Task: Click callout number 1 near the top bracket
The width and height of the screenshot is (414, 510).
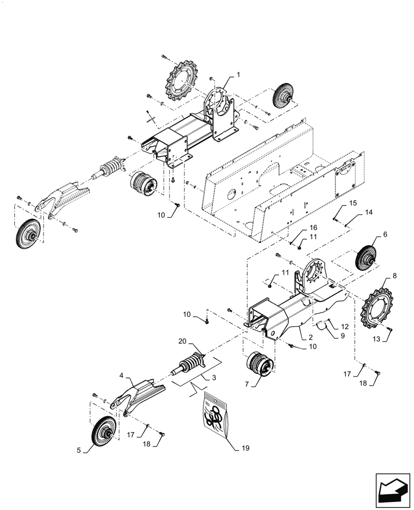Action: click(238, 74)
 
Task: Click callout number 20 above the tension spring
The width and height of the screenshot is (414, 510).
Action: click(182, 341)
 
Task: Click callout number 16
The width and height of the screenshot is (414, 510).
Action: click(313, 227)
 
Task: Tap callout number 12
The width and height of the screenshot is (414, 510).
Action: click(345, 326)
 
